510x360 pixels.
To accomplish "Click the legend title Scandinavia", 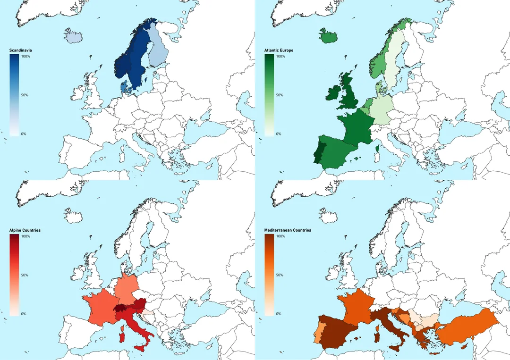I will (20, 50).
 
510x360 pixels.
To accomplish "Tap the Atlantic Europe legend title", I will (279, 50).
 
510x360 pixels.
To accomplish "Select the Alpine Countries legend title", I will (25, 230).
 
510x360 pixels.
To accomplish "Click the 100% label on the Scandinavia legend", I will (26, 57).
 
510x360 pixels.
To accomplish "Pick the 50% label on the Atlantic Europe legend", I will (280, 95).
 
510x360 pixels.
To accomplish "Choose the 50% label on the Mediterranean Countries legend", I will (280, 275).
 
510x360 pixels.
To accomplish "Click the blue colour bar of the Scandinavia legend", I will (14, 94).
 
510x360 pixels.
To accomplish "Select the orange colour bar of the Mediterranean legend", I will (269, 275).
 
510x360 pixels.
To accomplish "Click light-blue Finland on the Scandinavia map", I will (158, 54).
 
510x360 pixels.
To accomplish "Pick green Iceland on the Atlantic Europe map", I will (328, 36).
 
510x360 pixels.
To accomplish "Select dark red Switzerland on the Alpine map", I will (121, 309).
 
